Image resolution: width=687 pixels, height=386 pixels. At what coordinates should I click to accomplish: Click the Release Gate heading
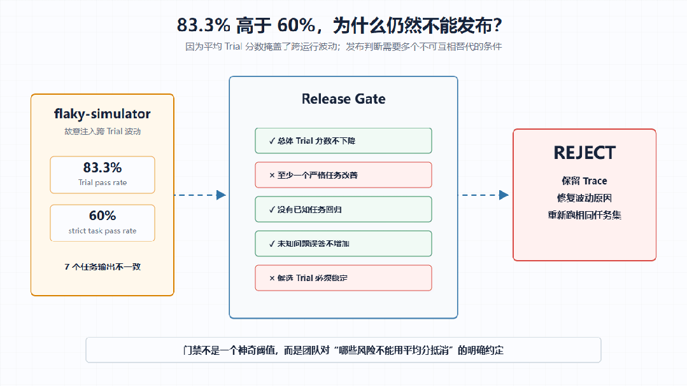344,99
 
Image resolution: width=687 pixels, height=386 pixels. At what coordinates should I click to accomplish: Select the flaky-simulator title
102,114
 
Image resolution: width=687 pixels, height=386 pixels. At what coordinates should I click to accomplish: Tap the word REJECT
584,153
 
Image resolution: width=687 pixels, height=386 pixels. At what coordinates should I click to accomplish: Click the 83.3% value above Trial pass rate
103,167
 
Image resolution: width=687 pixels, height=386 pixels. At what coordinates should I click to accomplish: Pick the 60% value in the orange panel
103,216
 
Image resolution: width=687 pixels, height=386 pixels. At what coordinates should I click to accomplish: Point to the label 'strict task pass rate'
103,231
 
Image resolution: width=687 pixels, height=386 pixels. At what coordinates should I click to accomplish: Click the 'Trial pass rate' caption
103,183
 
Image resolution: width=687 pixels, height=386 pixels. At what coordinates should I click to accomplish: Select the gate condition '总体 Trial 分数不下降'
312,141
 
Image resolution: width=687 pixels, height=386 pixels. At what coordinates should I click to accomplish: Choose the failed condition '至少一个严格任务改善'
313,175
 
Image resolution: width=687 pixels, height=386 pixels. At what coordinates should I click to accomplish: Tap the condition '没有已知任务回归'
306,210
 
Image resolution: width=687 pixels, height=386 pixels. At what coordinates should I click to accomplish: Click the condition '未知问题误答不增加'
309,244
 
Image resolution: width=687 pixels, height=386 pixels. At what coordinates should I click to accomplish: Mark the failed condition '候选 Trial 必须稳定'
308,278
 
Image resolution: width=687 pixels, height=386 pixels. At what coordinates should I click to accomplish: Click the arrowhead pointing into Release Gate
222,195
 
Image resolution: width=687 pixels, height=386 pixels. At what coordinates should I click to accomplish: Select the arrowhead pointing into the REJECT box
504,195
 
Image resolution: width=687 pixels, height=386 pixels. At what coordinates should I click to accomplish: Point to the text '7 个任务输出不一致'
103,267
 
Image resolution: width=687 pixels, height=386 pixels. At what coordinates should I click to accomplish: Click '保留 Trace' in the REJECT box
584,181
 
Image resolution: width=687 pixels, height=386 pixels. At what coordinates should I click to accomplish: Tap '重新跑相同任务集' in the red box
584,215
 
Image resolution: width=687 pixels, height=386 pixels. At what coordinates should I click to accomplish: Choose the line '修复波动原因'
584,198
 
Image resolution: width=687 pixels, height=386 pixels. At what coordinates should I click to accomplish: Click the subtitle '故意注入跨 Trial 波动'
103,131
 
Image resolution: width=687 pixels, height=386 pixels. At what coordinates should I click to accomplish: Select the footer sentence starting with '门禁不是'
344,350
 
